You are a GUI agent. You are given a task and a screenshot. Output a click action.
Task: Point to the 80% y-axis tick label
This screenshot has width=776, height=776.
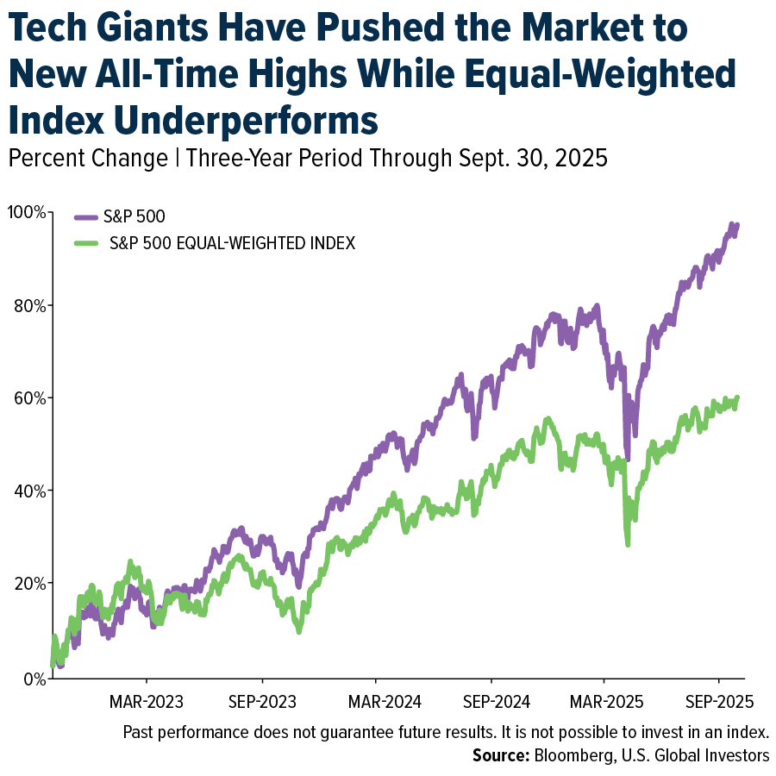(28, 305)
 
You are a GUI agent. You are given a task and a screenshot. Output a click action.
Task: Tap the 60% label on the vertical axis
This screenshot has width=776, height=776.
(28, 398)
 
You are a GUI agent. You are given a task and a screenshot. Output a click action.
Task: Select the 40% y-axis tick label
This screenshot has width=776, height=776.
(28, 491)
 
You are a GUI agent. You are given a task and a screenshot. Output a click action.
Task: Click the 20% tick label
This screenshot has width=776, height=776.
(28, 584)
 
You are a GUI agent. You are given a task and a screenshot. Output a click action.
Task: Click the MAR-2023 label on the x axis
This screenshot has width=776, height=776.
(146, 700)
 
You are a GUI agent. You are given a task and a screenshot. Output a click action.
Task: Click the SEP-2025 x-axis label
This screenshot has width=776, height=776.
(718, 700)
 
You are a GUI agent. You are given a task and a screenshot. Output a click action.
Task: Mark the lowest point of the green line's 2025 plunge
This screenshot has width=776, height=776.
(628, 544)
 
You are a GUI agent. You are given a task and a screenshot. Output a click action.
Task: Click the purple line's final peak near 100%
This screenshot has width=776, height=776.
(732, 225)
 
